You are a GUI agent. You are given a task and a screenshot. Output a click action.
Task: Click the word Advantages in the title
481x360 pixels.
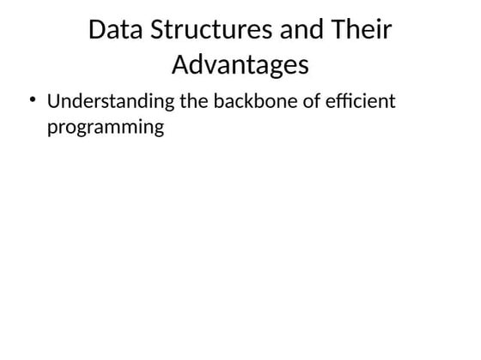[240, 64]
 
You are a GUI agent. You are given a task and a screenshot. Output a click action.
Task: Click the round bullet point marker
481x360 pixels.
[32, 101]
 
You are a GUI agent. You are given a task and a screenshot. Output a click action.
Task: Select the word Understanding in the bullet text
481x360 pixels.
[112, 102]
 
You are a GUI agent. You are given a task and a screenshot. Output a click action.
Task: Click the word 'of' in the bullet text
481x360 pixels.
[312, 102]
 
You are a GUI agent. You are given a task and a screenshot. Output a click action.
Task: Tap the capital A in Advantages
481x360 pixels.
[181, 64]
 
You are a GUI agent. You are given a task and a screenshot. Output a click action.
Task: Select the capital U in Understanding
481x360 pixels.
[53, 102]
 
